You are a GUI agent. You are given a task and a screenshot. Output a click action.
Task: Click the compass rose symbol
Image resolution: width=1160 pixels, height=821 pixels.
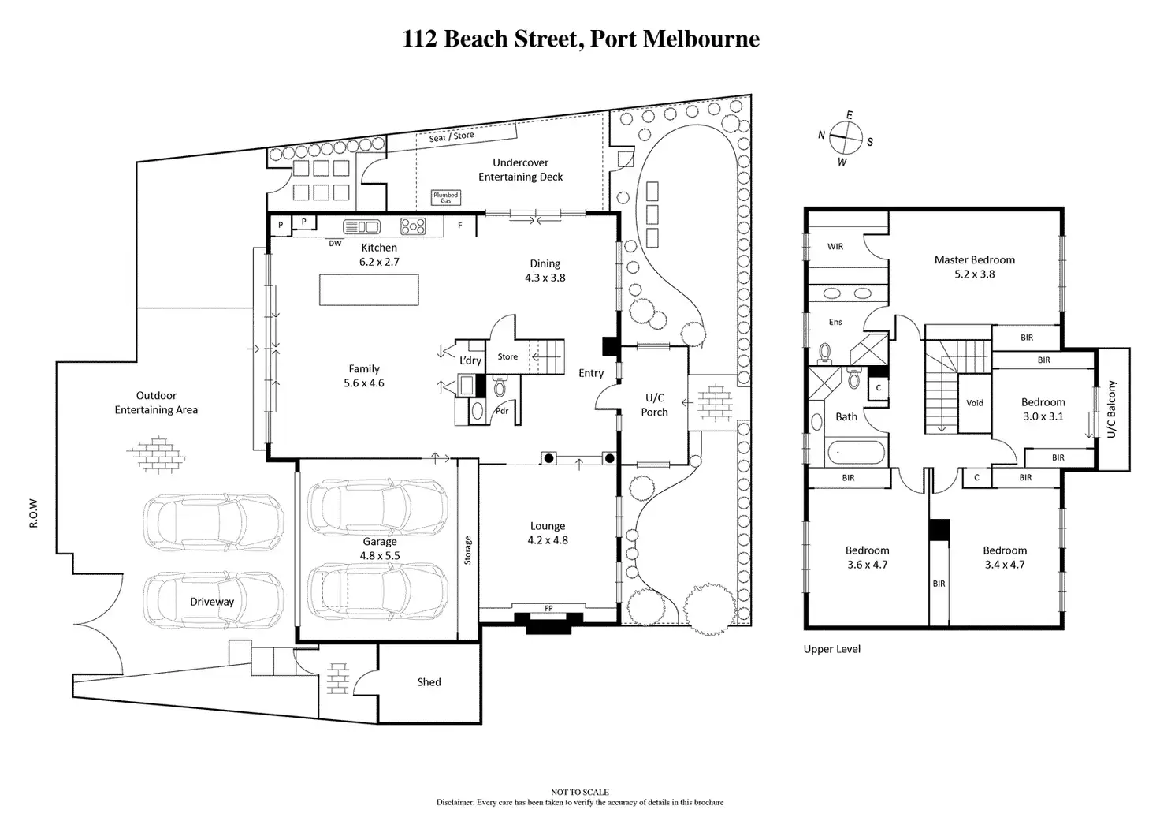(x=846, y=138)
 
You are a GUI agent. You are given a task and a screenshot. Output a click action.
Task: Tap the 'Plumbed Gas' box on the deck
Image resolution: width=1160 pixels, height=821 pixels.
(x=446, y=197)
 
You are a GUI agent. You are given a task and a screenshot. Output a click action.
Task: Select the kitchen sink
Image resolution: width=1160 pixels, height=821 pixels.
(x=362, y=226)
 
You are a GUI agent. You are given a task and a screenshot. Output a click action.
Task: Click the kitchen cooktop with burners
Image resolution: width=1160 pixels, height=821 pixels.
(x=413, y=226)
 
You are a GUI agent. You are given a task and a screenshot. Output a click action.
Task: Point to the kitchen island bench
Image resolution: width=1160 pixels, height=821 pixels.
(x=369, y=289)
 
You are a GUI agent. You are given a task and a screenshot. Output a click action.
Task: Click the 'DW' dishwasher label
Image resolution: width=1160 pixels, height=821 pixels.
(x=335, y=243)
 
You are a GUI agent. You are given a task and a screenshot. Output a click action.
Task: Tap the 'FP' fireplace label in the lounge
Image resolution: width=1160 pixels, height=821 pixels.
(x=548, y=608)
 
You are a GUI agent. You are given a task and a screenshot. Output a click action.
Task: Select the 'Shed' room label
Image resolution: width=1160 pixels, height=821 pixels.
(x=429, y=682)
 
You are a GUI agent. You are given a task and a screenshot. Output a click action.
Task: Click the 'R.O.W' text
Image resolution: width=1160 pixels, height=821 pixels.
(x=34, y=513)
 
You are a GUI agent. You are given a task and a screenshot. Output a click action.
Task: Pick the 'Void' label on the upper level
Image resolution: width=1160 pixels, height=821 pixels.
(x=974, y=403)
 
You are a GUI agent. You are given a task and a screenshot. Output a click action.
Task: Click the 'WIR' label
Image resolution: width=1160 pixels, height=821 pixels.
(x=835, y=247)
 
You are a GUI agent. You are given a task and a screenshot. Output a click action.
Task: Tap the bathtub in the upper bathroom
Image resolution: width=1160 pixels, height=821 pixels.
(x=856, y=451)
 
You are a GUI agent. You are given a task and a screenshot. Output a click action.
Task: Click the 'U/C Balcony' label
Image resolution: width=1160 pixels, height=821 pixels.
(x=1111, y=409)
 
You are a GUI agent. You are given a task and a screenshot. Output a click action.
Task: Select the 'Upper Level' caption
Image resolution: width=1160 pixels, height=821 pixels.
(x=831, y=649)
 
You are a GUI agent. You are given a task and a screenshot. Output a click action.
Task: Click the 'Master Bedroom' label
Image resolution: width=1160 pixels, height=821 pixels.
(x=974, y=260)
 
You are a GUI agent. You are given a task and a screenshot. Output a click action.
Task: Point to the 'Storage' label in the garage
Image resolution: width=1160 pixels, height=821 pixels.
(x=467, y=550)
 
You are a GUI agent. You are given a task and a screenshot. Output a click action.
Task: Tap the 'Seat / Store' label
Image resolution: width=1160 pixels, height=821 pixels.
(x=452, y=136)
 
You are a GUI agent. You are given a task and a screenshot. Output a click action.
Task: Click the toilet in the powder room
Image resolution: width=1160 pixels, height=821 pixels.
(x=500, y=386)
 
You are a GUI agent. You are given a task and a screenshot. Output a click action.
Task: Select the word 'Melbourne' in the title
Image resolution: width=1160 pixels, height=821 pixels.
(x=701, y=39)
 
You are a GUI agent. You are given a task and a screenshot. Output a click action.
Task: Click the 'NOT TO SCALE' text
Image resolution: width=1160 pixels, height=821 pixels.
(x=579, y=792)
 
